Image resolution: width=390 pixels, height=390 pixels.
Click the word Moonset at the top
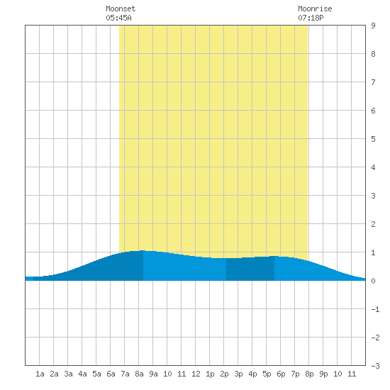(x=121, y=9)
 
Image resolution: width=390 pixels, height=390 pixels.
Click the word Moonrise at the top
(x=315, y=9)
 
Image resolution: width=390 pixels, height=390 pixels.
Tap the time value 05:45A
(x=118, y=18)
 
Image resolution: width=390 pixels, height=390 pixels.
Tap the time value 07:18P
(x=311, y=18)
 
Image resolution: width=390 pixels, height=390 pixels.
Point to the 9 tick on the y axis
(x=373, y=26)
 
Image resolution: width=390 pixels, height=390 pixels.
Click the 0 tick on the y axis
(x=373, y=281)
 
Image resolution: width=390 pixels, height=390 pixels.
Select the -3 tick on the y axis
(x=375, y=366)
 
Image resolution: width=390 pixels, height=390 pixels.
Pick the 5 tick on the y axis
(x=373, y=139)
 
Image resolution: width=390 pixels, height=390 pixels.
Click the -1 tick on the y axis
(x=375, y=309)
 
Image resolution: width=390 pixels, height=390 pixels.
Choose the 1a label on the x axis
(x=40, y=374)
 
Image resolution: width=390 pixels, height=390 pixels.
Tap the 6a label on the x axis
(x=111, y=374)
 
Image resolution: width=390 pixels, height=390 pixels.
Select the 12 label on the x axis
(x=196, y=374)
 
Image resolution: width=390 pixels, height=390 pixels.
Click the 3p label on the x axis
(x=238, y=374)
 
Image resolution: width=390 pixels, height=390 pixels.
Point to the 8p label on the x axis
(x=309, y=374)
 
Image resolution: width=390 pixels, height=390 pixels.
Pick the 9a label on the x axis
(x=153, y=374)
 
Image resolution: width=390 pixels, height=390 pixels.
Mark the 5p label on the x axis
(x=267, y=374)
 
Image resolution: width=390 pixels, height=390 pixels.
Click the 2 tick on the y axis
(x=373, y=224)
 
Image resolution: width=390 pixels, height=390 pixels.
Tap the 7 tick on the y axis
(x=373, y=82)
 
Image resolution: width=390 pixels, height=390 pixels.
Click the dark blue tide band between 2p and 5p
(x=250, y=269)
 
